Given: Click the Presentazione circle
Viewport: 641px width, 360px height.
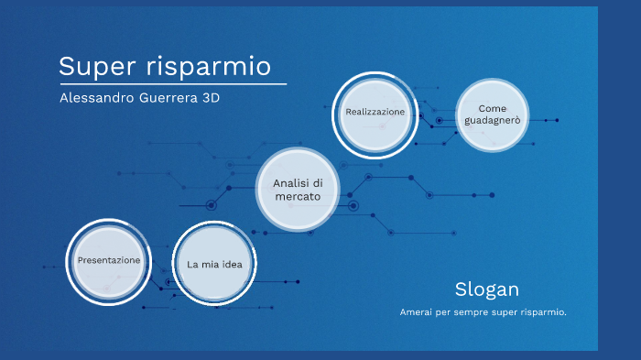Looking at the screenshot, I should point(109,261).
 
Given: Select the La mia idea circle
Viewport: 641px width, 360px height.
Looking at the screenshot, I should point(214,264).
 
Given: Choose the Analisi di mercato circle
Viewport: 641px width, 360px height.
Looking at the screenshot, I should point(298,190).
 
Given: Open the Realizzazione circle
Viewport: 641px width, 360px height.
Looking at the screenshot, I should point(375,112).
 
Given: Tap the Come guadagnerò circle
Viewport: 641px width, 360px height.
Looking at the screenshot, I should point(492,114).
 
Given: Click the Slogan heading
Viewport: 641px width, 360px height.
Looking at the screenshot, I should point(486,289).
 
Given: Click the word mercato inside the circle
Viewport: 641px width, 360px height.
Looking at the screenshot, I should point(298,197).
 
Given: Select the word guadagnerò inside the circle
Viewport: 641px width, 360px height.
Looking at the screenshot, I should point(492,120).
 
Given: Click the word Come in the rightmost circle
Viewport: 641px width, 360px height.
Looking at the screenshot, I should point(492,107).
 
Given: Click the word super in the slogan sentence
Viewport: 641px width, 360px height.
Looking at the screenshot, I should point(505,312).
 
